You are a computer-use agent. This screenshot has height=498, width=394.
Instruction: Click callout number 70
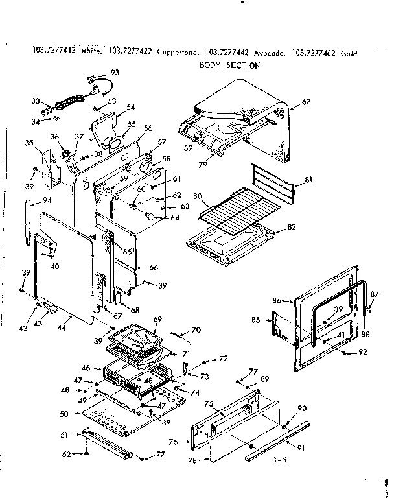point(196,331)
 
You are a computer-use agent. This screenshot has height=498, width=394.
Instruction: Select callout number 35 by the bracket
point(29,143)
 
